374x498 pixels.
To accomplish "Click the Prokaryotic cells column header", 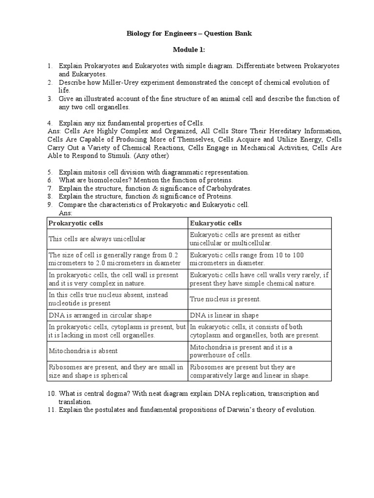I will tap(75, 223).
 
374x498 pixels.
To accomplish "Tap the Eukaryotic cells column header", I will tap(216, 223).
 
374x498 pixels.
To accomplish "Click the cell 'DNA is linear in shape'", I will tap(224, 315).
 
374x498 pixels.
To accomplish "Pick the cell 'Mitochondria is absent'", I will tap(83, 351).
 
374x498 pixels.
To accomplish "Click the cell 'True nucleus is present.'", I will tap(225, 299).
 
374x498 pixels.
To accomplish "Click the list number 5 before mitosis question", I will tap(50, 172).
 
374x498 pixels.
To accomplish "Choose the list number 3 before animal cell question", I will tap(50, 99).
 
